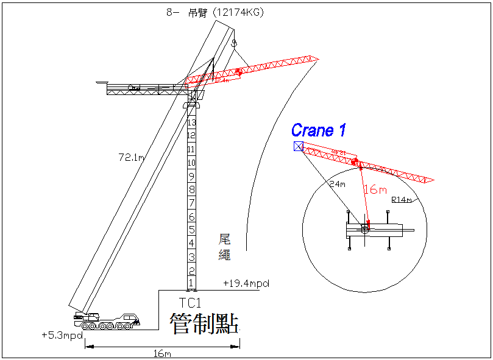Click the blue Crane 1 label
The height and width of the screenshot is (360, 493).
[x=318, y=130]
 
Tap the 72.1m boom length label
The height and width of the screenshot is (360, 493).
[x=131, y=158]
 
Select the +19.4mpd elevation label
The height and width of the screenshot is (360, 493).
[x=246, y=283]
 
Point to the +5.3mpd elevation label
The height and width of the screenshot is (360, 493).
[x=62, y=336]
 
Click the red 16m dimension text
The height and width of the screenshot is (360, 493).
[x=375, y=189]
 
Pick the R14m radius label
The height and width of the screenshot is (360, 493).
[x=402, y=200]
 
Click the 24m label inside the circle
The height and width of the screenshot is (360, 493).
[x=337, y=184]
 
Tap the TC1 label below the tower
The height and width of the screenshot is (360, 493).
[x=190, y=302]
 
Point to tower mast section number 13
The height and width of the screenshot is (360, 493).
[x=191, y=122]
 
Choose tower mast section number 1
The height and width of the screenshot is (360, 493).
[x=191, y=283]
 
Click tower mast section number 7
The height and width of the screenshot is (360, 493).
[x=191, y=203]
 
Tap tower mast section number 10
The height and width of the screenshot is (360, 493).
[x=191, y=163]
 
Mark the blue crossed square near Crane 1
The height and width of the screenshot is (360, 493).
[x=298, y=146]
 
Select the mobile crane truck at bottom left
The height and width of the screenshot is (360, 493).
[x=107, y=321]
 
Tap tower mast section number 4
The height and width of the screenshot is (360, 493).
[x=191, y=243]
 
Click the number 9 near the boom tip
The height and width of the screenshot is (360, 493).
[x=233, y=43]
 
